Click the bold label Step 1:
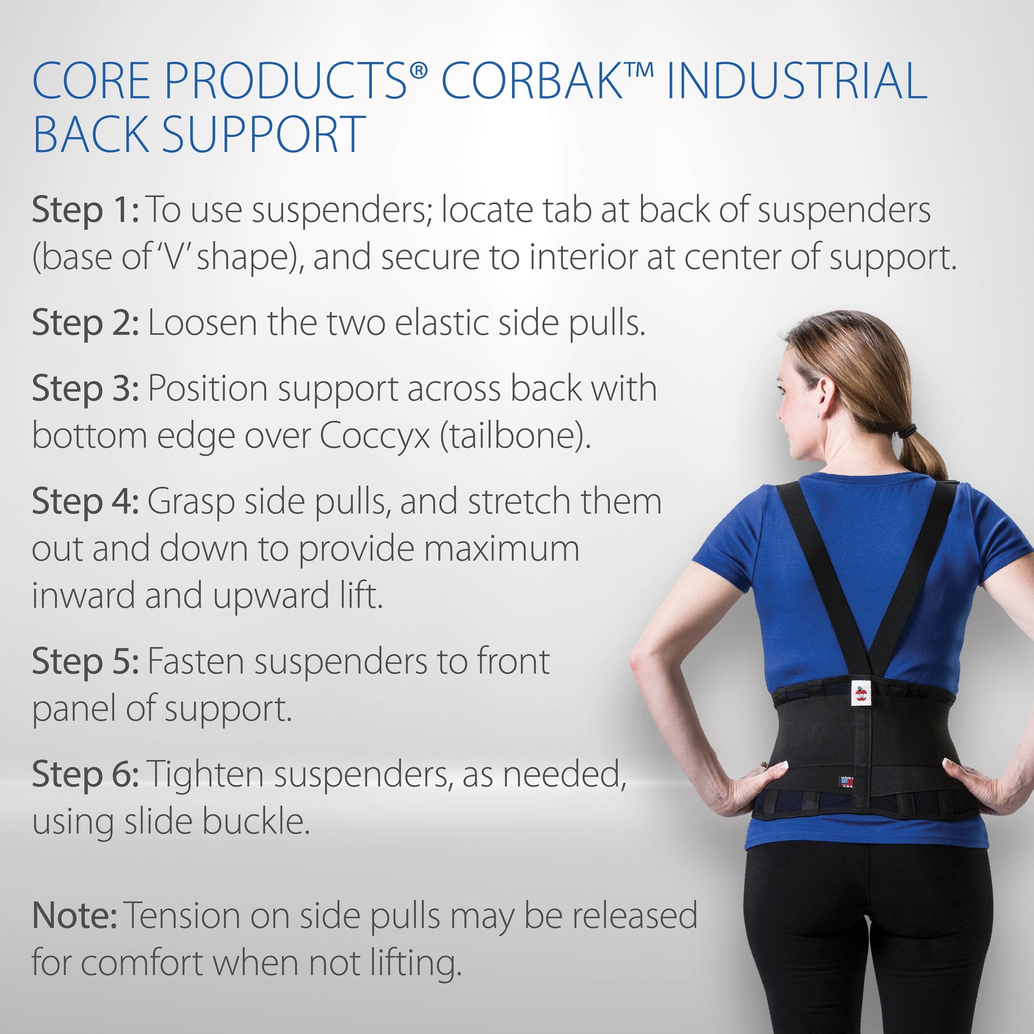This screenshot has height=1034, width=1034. (x=86, y=210)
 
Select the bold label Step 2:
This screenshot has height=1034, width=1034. (x=86, y=323)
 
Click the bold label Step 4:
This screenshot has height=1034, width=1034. (x=86, y=502)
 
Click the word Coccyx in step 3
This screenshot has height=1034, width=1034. (x=375, y=437)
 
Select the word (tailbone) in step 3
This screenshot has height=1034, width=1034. (x=515, y=437)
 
